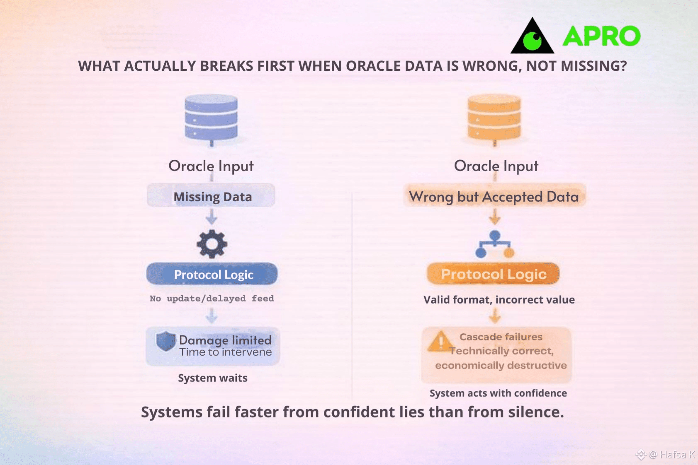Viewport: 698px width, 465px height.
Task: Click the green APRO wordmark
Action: click(601, 36)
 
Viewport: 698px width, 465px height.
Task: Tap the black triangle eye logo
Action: click(532, 37)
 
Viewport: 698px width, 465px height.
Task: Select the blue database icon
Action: click(211, 120)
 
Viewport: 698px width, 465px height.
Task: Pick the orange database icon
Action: click(494, 120)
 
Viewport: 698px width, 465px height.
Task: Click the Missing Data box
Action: click(211, 195)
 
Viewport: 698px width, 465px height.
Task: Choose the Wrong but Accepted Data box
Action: click(494, 195)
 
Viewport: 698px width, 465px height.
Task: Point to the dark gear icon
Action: click(212, 244)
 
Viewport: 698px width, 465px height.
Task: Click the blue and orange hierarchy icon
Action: click(494, 244)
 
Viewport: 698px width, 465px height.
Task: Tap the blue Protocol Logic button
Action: click(212, 274)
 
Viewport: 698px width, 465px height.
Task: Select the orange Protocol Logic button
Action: click(493, 274)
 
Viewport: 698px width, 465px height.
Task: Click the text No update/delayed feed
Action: click(212, 298)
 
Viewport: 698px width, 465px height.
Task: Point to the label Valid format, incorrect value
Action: click(499, 299)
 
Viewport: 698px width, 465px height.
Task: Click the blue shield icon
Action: click(166, 341)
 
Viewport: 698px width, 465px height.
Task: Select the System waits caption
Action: click(212, 378)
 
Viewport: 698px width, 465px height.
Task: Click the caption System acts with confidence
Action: click(498, 393)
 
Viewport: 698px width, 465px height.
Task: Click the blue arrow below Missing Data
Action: click(212, 217)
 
